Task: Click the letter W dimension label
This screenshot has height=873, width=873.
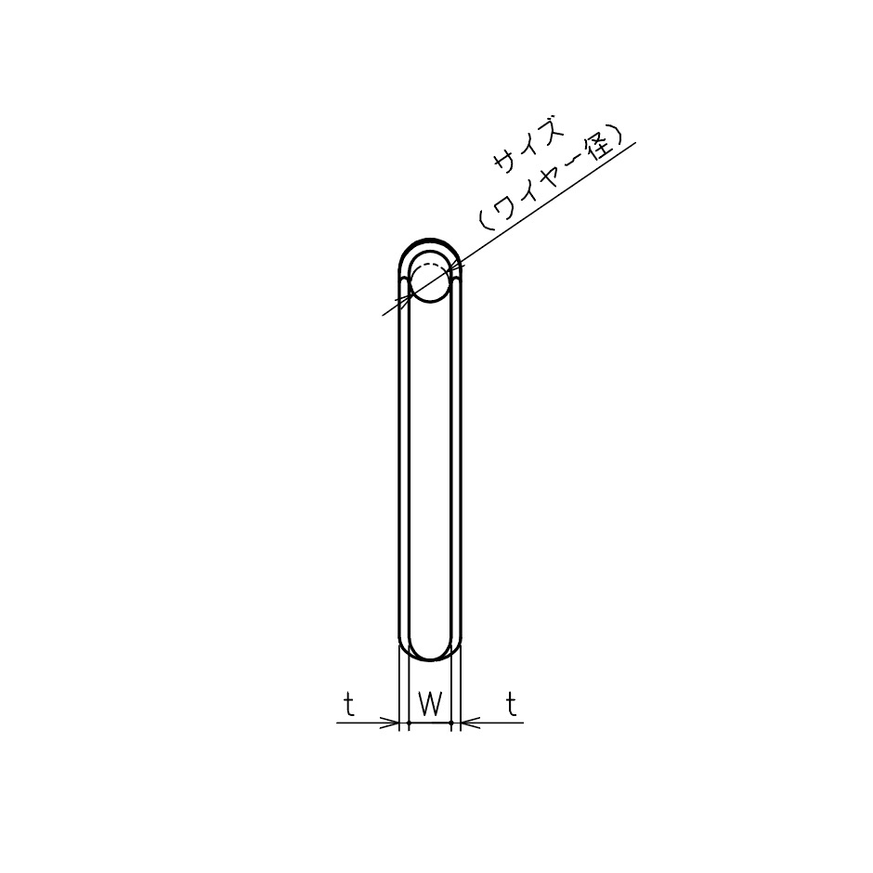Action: click(x=430, y=705)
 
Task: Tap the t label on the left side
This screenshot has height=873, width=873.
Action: click(x=349, y=705)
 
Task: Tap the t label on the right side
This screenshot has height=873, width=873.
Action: click(x=512, y=705)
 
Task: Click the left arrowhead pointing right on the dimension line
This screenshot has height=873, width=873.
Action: click(x=389, y=723)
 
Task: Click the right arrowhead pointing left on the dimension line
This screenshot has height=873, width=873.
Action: click(x=471, y=723)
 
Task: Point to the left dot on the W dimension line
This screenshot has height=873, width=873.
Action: click(x=409, y=723)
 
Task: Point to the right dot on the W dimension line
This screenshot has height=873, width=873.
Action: click(x=451, y=723)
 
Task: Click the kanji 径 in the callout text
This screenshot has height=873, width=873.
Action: click(x=601, y=150)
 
